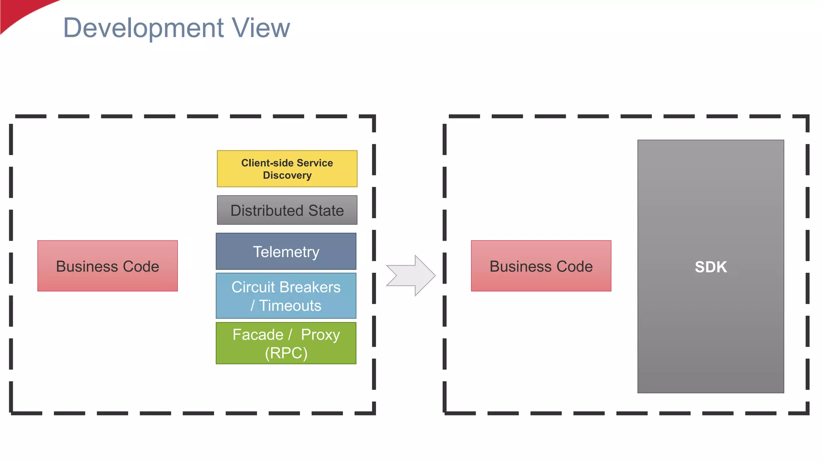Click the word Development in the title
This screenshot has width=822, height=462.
(143, 28)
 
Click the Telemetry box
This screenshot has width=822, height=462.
(286, 252)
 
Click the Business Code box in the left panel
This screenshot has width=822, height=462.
(108, 266)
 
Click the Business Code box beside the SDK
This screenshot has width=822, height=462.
(541, 266)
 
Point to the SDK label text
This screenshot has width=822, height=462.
(710, 267)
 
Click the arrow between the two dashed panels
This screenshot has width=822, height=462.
(411, 276)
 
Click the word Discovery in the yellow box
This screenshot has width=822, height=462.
(287, 176)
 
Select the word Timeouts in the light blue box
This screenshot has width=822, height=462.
(290, 306)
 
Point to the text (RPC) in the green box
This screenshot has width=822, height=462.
(286, 353)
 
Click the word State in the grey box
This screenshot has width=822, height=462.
(326, 211)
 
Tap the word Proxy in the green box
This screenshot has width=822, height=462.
(320, 335)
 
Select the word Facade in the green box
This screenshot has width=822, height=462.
(258, 335)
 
